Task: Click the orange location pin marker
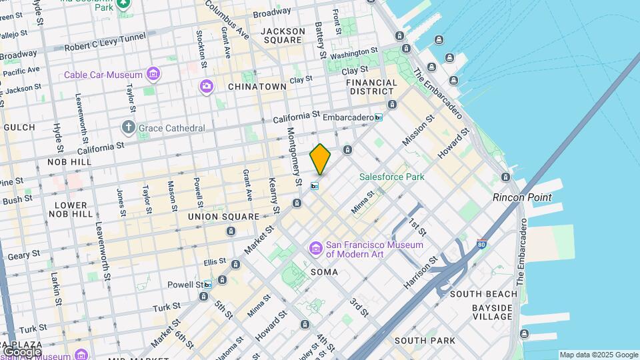point(321,159)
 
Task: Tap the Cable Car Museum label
point(104,74)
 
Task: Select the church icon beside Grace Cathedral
point(128,127)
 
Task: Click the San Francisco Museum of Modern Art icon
point(315,249)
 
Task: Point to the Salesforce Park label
point(391,177)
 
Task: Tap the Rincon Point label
point(522,197)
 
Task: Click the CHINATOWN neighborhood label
point(257,87)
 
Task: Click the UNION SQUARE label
point(223,217)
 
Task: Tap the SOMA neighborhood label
point(324,272)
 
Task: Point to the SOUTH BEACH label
point(483,294)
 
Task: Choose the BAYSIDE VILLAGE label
point(491,312)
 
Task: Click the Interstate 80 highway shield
point(482,244)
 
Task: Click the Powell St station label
point(185,285)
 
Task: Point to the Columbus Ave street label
point(227,19)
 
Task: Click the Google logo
point(21,351)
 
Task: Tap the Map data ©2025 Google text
point(598,355)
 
